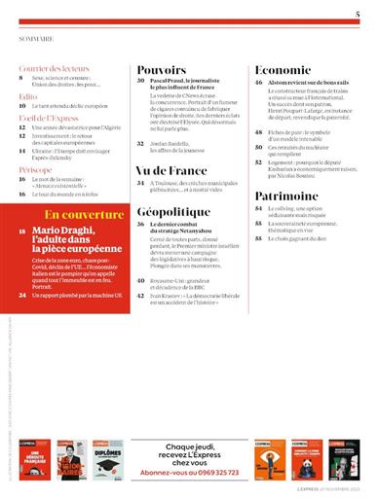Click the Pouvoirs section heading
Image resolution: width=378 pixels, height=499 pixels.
162,71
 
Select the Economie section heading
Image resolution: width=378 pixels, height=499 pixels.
283,71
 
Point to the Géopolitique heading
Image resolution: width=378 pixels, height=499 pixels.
173,210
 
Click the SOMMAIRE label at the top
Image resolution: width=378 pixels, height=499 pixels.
36,42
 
